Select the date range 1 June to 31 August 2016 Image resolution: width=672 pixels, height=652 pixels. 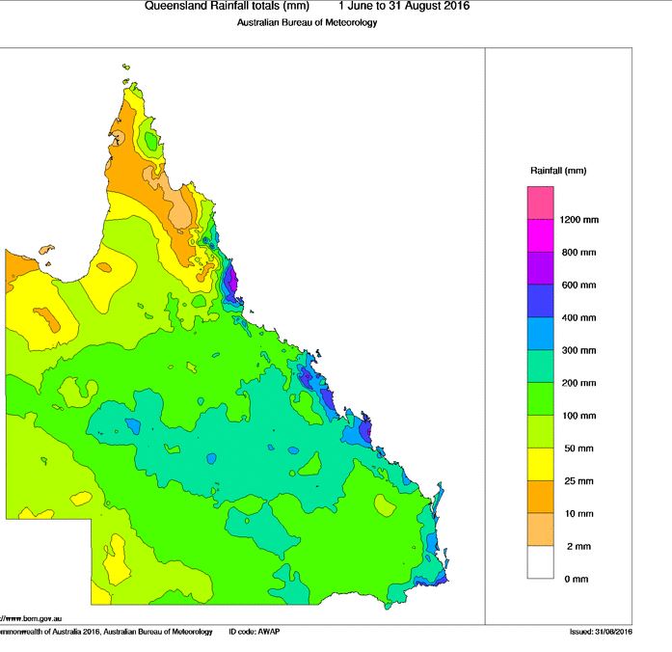coord(405,6)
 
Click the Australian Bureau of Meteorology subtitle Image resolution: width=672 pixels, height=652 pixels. coord(307,22)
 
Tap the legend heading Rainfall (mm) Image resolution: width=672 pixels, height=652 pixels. coord(557,171)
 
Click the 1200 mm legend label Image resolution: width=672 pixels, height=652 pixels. coord(578,220)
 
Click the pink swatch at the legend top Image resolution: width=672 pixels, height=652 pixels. coord(540,203)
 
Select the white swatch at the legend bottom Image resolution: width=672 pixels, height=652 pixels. coord(540,562)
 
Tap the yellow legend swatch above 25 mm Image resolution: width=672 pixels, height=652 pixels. coord(540,464)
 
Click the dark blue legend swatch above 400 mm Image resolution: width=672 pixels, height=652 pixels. coord(540,301)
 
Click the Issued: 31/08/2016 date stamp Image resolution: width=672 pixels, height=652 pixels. coord(601,632)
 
